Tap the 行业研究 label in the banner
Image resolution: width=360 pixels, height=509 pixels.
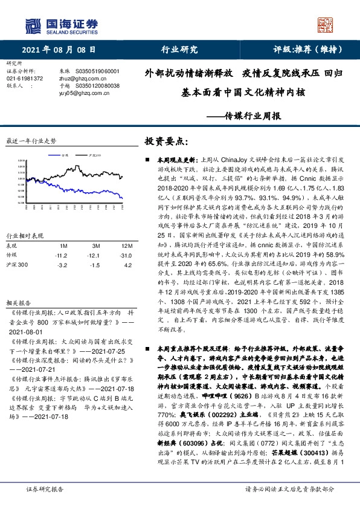click(x=180, y=50)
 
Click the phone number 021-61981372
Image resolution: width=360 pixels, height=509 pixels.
click(x=25, y=79)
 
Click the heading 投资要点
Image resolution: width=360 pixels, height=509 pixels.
click(x=166, y=141)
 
